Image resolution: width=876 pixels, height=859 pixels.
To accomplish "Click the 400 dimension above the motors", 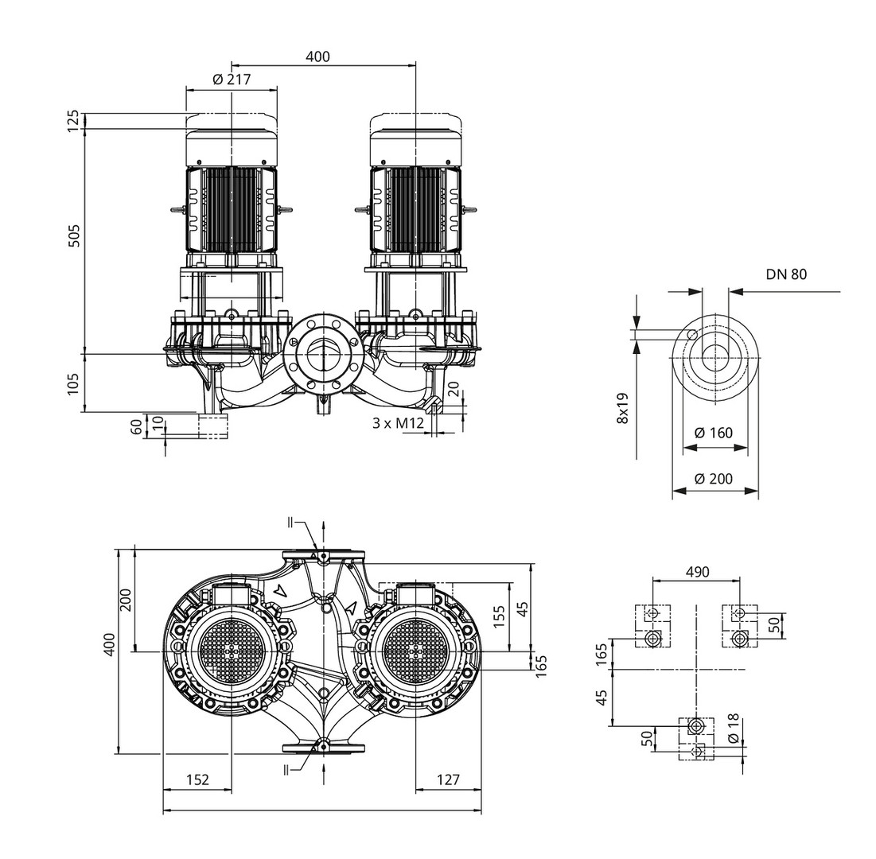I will click(x=317, y=56).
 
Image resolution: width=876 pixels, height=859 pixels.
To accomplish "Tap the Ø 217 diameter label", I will click(x=232, y=80).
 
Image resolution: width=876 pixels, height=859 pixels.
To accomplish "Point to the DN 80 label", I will click(x=786, y=274).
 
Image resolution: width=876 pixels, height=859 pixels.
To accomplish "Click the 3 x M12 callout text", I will click(x=398, y=423).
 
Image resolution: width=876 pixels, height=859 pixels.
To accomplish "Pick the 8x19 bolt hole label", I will click(x=623, y=406).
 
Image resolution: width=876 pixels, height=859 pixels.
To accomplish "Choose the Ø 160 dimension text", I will click(x=714, y=433).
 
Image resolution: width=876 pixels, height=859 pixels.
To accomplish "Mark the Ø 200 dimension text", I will click(x=714, y=479).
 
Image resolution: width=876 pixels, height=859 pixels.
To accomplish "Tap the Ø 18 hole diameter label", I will click(x=733, y=728).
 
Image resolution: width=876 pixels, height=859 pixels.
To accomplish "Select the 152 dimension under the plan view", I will click(x=197, y=780).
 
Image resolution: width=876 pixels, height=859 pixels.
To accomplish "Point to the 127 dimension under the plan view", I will click(x=448, y=780).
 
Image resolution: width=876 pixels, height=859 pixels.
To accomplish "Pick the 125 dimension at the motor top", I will click(x=73, y=121).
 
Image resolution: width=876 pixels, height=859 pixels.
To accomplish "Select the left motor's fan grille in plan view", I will click(x=231, y=651).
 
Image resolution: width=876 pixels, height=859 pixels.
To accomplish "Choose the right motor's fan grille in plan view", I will click(x=416, y=651).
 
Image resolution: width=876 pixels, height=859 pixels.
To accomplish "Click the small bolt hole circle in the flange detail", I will click(x=693, y=334).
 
